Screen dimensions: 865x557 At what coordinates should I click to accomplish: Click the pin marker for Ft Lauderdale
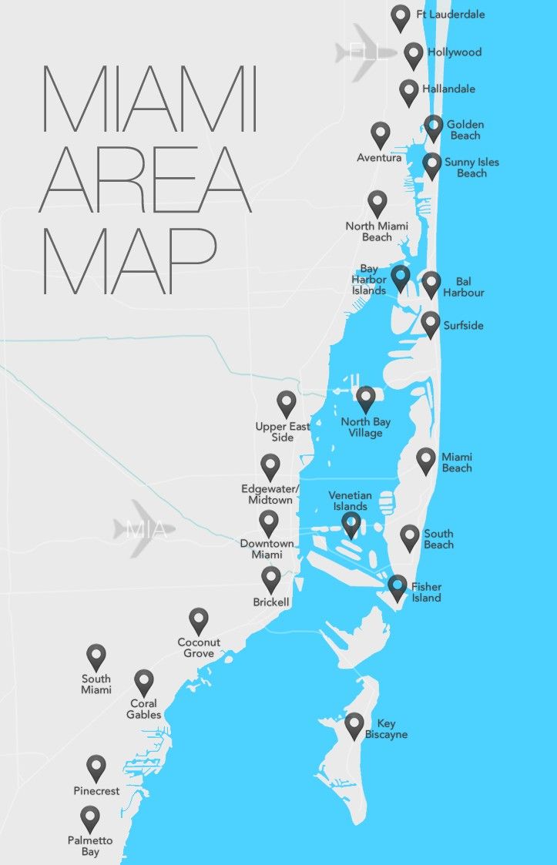(400, 17)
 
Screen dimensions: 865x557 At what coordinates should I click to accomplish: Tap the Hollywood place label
(455, 52)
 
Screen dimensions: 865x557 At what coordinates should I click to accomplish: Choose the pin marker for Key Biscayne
(354, 725)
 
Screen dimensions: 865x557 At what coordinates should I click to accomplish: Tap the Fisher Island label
(426, 592)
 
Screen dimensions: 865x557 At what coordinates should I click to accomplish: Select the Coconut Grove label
(199, 648)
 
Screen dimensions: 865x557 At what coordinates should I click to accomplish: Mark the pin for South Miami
(96, 657)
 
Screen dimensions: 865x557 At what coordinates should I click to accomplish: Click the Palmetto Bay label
(90, 846)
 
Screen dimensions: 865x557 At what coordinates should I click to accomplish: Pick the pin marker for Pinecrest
(96, 767)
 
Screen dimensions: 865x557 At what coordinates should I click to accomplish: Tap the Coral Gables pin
(144, 682)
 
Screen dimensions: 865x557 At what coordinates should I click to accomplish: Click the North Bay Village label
(366, 427)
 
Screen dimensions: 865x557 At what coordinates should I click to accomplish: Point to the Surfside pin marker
(431, 324)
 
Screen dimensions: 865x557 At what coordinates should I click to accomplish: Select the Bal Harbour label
(464, 287)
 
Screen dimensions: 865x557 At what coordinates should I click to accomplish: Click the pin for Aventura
(380, 135)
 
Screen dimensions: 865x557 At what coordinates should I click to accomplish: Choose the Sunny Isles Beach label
(471, 168)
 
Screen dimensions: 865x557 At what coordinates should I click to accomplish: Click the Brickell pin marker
(270, 579)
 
